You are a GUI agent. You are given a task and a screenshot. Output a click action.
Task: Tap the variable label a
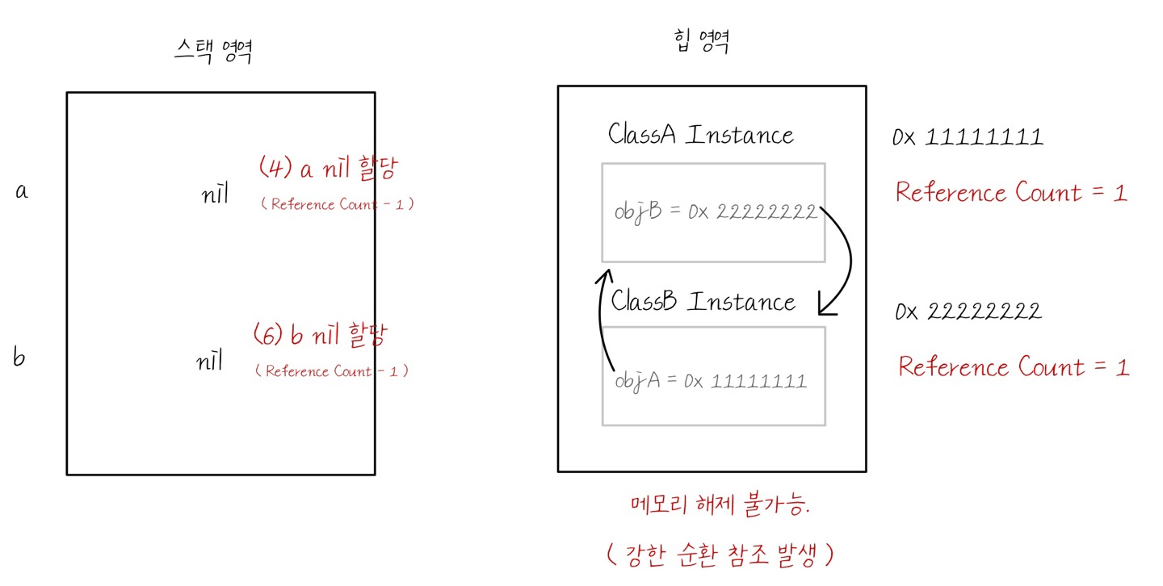[22, 191]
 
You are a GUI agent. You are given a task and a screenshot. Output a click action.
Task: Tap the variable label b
[19, 357]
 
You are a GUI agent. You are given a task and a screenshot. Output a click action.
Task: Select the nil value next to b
[209, 362]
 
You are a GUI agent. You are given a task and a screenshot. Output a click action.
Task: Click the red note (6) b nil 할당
[320, 334]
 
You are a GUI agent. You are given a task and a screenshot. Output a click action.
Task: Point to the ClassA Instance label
[700, 134]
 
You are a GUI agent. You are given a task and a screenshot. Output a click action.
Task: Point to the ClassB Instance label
[703, 302]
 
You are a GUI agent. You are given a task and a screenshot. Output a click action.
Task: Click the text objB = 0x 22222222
[716, 212]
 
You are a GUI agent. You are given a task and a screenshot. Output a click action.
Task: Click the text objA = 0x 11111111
[711, 380]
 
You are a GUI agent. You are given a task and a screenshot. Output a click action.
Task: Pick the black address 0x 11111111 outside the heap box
[968, 137]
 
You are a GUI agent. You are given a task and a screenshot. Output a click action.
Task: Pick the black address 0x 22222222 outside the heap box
[968, 311]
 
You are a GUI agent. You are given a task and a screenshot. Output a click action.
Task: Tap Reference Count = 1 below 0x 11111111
[1011, 193]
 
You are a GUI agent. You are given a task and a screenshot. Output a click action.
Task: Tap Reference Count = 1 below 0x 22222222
[1014, 367]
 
